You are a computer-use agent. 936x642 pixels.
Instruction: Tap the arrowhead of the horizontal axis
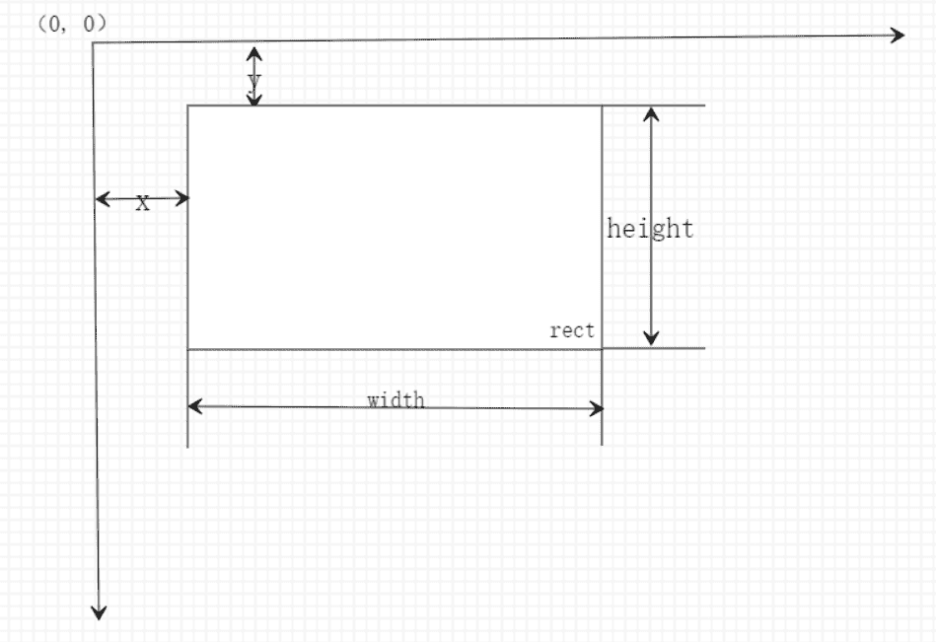898,36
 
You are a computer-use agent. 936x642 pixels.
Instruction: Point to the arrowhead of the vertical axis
99,612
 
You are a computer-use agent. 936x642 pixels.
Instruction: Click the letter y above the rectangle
254,80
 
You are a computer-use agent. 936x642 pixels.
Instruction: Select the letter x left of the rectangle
142,203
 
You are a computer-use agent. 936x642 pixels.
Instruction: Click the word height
650,229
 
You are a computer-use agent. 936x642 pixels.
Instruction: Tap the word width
396,399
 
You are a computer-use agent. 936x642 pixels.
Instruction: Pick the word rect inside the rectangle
572,330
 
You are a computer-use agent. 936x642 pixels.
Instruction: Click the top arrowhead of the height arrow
651,113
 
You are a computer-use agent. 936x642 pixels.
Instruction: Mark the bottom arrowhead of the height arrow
651,338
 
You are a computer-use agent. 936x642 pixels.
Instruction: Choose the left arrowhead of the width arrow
194,406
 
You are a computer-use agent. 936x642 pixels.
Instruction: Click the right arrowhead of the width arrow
597,408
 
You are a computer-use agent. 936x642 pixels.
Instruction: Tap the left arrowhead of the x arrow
103,198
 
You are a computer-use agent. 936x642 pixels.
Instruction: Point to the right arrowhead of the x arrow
182,198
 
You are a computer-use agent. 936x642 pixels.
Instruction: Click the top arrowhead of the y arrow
254,53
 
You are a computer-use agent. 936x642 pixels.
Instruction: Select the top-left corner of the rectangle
188,106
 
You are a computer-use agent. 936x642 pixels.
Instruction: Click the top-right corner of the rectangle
602,106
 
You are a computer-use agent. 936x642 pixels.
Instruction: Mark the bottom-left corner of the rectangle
188,349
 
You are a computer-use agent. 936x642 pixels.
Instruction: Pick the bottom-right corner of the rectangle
602,348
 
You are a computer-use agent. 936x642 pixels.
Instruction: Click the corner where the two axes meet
93,43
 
